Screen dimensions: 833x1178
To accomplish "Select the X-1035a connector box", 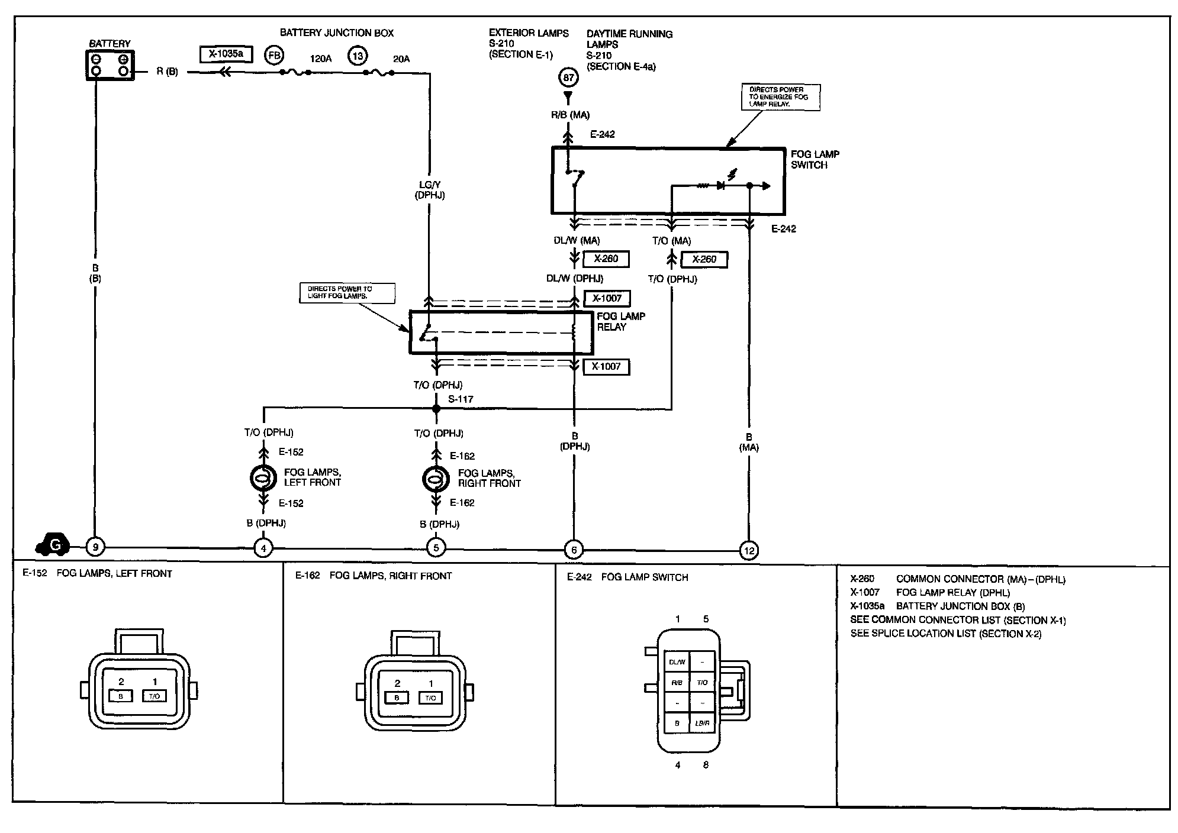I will coord(226,54).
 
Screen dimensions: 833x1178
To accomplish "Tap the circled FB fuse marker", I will coord(274,56).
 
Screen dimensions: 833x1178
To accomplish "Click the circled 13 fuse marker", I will coord(358,56).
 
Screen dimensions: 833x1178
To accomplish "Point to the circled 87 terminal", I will coord(568,78).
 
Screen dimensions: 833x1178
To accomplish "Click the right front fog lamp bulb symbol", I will coord(436,479).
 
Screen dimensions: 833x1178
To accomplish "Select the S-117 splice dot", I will coord(436,409).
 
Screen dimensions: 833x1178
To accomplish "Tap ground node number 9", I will coord(95,547).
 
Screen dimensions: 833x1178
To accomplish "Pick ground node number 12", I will coord(749,551).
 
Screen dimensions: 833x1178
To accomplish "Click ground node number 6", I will coord(574,550).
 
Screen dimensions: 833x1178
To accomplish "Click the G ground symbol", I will coord(54,544).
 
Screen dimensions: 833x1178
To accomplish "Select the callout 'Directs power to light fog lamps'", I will coord(347,293).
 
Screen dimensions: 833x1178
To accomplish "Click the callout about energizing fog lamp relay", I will coord(780,97).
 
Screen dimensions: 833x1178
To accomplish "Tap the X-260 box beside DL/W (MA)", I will coord(606,259).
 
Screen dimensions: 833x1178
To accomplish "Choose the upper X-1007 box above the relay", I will coord(607,298).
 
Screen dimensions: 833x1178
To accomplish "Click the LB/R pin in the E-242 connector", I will coord(702,723).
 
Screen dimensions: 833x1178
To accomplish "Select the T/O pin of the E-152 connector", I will coord(155,696).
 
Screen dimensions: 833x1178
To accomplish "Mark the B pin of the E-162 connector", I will coord(397,698).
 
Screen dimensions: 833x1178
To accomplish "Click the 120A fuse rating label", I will coord(321,59).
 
